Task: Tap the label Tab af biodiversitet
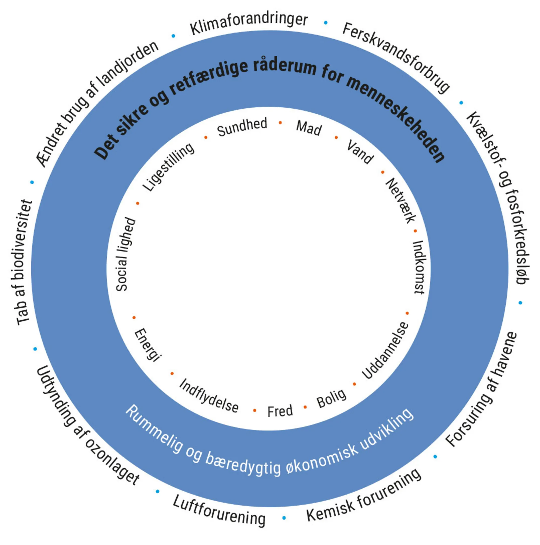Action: [x=24, y=262]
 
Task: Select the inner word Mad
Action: [x=309, y=128]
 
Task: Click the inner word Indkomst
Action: [x=419, y=267]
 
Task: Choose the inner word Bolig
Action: [x=331, y=398]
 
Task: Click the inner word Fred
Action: [x=280, y=411]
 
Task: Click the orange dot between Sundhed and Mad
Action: [x=280, y=122]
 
